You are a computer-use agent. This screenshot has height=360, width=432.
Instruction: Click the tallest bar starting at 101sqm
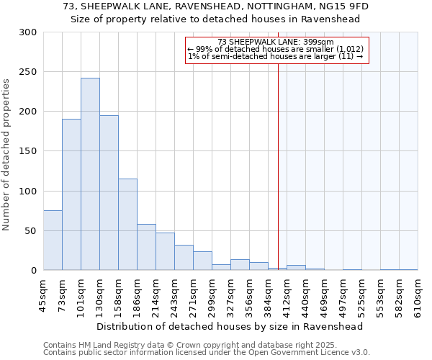click(x=90, y=174)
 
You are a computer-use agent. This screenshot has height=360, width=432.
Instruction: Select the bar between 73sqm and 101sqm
click(x=71, y=194)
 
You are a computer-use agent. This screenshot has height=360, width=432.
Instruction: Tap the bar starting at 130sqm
click(x=109, y=193)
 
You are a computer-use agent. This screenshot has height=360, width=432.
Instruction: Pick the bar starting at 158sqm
click(x=127, y=225)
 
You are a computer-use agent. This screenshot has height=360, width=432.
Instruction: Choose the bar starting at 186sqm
click(x=146, y=247)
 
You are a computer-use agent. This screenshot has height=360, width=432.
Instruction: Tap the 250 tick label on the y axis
click(x=28, y=72)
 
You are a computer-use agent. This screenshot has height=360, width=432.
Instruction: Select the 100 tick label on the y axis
click(x=28, y=192)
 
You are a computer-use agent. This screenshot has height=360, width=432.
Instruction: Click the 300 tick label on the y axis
click(x=28, y=32)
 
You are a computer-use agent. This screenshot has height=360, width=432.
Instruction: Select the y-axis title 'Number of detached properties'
click(x=6, y=155)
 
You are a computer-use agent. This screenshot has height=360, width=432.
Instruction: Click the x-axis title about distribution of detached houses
click(x=229, y=326)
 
